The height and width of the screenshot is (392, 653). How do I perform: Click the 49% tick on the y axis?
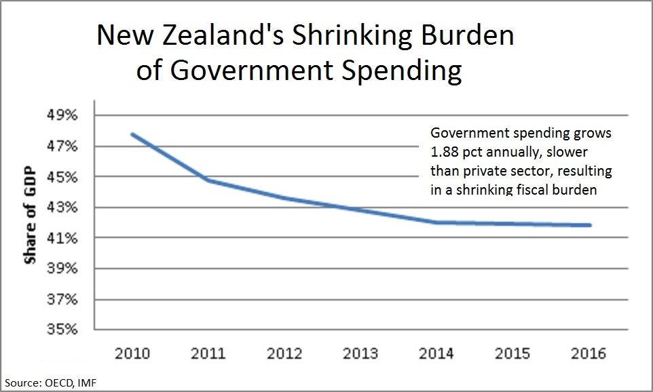point(62,115)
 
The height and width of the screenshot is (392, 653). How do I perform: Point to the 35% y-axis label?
point(62,330)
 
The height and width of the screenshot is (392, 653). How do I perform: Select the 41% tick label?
point(62,238)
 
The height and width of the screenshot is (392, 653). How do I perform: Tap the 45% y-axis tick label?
point(62,177)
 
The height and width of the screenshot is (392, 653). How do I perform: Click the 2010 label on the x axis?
point(133,354)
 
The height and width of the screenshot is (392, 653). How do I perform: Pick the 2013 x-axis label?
point(362,354)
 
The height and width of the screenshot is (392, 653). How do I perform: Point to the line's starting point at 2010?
point(133,134)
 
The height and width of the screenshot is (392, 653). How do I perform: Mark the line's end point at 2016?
point(591,225)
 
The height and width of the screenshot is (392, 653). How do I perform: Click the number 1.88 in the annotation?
point(445,151)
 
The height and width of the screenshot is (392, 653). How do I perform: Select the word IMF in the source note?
point(86,383)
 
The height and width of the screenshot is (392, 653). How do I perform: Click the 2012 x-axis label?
point(286,354)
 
